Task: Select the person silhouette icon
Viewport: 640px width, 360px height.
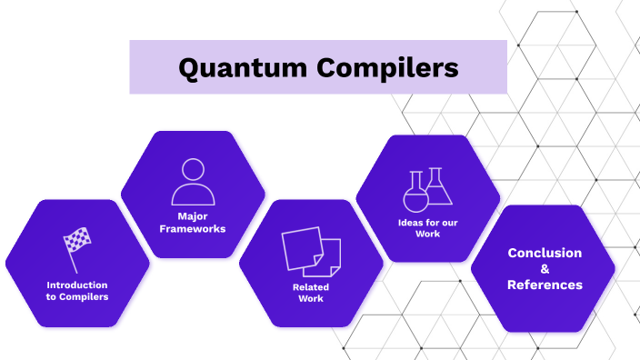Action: tap(193, 182)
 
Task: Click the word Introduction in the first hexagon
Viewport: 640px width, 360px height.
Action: tap(77, 285)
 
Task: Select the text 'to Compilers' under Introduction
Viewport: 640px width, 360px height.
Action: tap(77, 296)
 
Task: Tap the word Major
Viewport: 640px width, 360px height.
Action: tap(193, 216)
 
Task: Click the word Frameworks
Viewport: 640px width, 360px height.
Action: tap(193, 228)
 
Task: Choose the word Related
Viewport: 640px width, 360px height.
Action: tap(311, 287)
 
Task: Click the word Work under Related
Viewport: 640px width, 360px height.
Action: tap(311, 299)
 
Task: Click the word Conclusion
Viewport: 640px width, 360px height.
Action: tap(545, 253)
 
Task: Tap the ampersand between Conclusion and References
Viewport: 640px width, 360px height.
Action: tap(545, 269)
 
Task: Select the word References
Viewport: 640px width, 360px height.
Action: tap(545, 285)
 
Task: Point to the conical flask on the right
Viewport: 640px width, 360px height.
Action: tap(439, 187)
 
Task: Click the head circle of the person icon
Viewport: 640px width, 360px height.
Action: tap(193, 170)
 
